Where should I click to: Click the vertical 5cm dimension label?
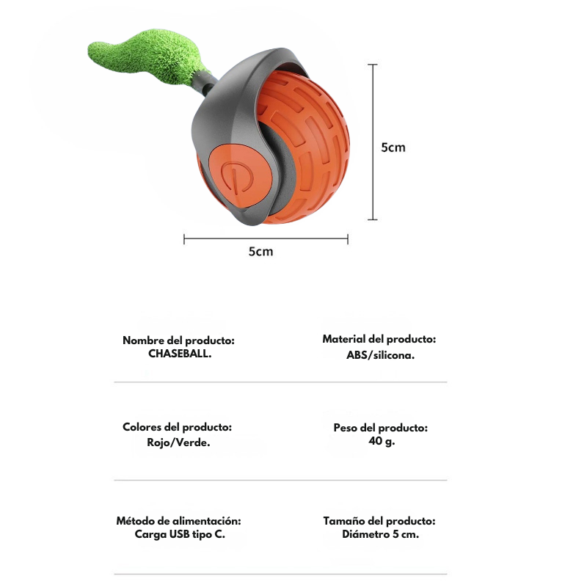click(393, 147)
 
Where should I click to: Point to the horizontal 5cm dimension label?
click(261, 252)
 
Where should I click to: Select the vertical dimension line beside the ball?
click(373, 142)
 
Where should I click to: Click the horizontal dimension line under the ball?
click(266, 239)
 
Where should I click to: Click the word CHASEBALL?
click(180, 354)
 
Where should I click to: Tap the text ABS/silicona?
click(380, 355)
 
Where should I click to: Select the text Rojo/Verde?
click(178, 442)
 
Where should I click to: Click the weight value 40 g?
click(382, 441)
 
